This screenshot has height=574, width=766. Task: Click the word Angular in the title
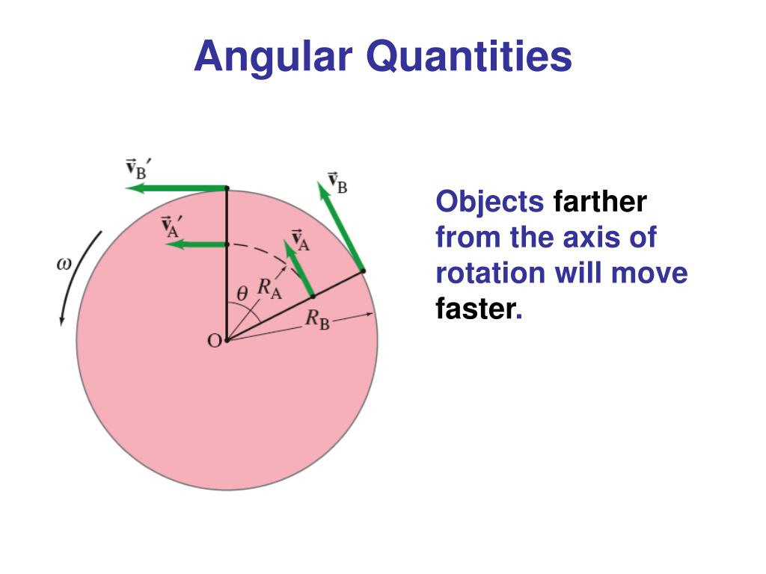[272, 58]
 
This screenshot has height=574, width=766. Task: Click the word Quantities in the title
[469, 58]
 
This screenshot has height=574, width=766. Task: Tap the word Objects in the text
[490, 202]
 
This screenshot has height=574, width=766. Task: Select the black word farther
[600, 202]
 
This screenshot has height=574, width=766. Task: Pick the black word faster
[476, 309]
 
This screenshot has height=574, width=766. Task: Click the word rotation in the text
[490, 273]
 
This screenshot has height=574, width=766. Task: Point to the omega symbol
[64, 263]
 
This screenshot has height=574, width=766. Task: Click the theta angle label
[242, 294]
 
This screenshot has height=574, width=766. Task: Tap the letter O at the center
[213, 341]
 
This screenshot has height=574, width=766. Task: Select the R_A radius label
[269, 288]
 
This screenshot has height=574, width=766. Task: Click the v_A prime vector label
[173, 225]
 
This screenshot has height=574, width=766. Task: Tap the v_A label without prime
[301, 239]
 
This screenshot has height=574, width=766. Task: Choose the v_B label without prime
[337, 183]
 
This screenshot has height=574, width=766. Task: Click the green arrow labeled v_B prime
[176, 188]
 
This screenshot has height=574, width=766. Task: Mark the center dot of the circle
[227, 341]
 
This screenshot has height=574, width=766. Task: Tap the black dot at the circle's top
[227, 188]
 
